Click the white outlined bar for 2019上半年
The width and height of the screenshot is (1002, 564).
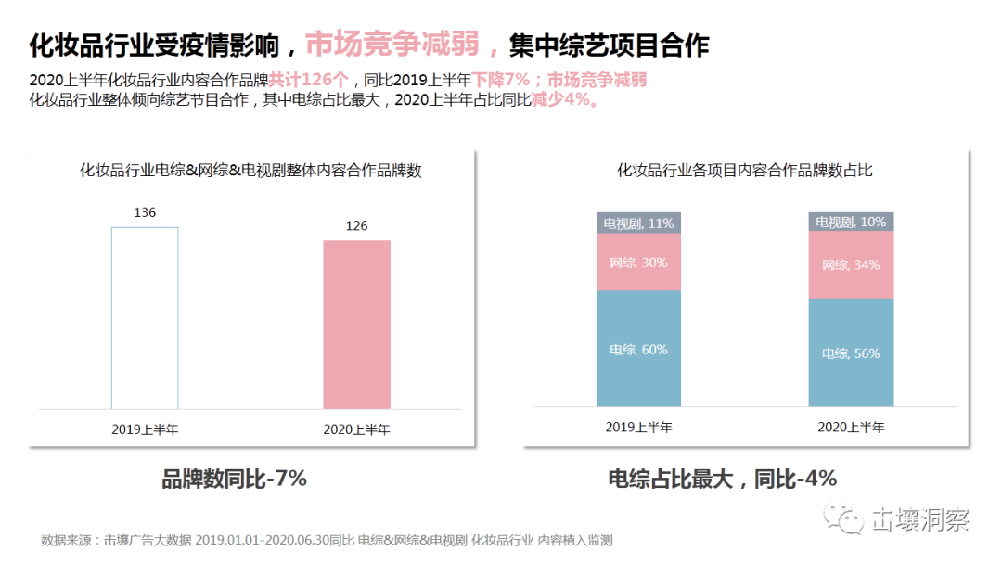coord(145,317)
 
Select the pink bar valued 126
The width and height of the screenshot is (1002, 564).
coord(356,325)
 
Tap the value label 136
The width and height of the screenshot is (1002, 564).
coord(145,212)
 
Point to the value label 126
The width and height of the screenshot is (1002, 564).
coord(356,225)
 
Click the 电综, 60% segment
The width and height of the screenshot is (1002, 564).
coord(638,349)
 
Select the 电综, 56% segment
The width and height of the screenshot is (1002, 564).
coord(851,352)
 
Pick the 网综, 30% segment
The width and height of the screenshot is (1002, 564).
coord(638,263)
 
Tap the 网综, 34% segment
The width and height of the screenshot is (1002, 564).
coord(851,264)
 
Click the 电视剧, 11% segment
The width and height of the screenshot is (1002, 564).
coord(638,223)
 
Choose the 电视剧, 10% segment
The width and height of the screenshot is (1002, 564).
coord(851,222)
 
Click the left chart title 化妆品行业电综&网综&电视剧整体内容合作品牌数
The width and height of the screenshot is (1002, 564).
coord(250,170)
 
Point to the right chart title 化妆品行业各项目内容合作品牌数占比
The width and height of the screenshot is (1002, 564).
coord(745,170)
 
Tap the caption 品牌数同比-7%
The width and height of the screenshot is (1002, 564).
coord(234,479)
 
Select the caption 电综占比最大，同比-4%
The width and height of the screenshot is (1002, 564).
coord(723,479)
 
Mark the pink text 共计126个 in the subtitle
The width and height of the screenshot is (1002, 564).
coord(309,80)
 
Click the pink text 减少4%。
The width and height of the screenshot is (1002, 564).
coord(564,100)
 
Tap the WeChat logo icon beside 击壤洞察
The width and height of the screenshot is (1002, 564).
coord(845,519)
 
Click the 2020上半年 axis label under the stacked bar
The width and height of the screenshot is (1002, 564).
coord(851,428)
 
